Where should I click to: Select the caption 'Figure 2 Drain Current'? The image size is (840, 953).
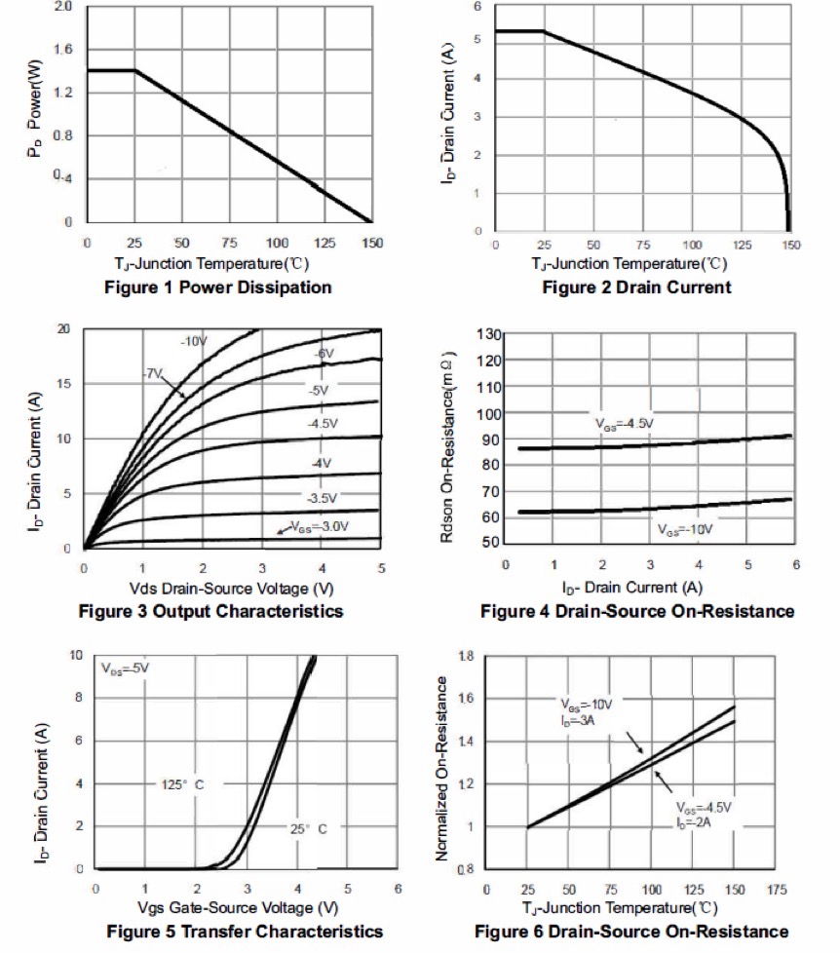pos(636,287)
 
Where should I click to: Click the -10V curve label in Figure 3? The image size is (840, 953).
pos(194,341)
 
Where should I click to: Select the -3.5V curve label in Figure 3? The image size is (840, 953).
pos(321,498)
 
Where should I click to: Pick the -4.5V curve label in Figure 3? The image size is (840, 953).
pos(323,425)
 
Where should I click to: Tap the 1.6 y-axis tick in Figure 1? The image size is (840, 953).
pos(64,50)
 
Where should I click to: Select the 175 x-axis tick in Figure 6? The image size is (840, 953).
pos(777,890)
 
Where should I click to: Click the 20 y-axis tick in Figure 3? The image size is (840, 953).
pos(64,329)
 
